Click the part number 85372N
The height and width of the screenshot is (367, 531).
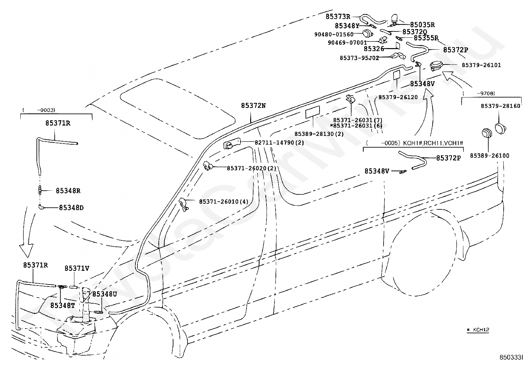[x=253, y=106]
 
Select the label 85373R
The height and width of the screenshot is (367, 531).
[x=338, y=17]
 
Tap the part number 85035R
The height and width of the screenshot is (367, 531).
[x=422, y=25]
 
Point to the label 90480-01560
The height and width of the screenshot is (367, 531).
[x=334, y=34]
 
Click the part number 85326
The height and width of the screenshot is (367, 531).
[x=374, y=49]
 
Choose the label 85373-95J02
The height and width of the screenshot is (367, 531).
[x=359, y=58]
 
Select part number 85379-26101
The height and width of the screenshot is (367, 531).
[x=481, y=65]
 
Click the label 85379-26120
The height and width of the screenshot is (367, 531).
[x=398, y=97]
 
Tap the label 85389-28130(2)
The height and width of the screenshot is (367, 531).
[x=319, y=134]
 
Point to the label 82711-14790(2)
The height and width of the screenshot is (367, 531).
[x=279, y=143]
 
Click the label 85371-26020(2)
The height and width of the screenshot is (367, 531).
[x=251, y=168]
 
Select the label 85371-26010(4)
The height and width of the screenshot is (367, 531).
[x=223, y=202]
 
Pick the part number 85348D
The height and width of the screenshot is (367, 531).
[x=71, y=208]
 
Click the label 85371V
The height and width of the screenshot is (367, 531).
[x=77, y=268]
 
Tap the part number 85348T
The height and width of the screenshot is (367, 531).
[x=63, y=305]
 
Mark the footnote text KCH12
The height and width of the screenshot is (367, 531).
[x=481, y=330]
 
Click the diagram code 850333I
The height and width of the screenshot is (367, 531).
[x=511, y=357]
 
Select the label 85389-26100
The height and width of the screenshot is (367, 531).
[x=490, y=156]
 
